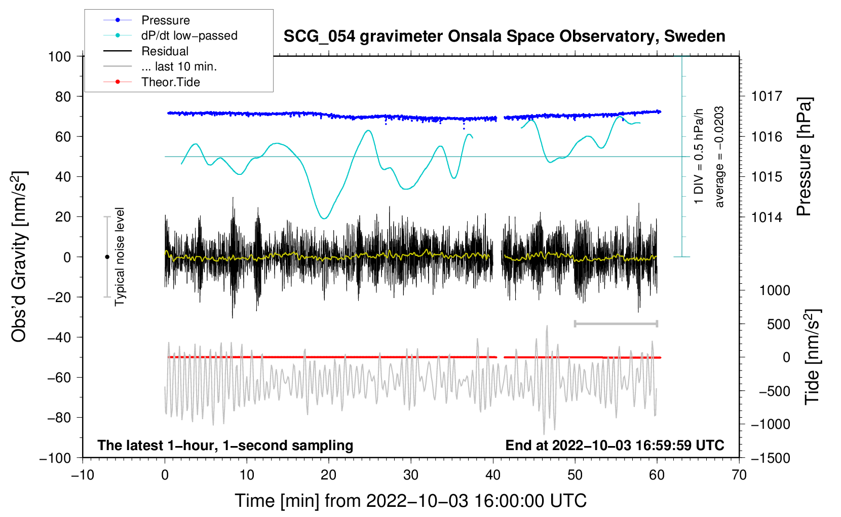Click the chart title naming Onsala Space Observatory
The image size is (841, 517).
(504, 36)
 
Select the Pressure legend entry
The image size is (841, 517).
(165, 20)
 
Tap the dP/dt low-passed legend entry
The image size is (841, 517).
(189, 35)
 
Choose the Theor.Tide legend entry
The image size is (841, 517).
(170, 82)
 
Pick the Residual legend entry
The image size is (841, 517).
(165, 51)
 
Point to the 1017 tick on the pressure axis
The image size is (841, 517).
(767, 96)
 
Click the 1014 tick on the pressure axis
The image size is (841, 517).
(767, 217)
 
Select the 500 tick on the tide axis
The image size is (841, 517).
(778, 324)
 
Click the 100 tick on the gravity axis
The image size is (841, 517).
(59, 56)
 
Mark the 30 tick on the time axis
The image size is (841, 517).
(411, 475)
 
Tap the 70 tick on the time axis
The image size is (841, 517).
(739, 475)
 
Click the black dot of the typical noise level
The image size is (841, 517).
(107, 257)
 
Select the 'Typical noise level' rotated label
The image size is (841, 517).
(120, 257)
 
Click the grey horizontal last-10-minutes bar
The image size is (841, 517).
(616, 323)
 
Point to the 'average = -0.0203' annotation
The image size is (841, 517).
(719, 157)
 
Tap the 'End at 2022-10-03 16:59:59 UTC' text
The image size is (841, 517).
(615, 446)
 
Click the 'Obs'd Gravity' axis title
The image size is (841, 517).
(19, 257)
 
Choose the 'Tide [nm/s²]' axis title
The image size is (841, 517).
(813, 357)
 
